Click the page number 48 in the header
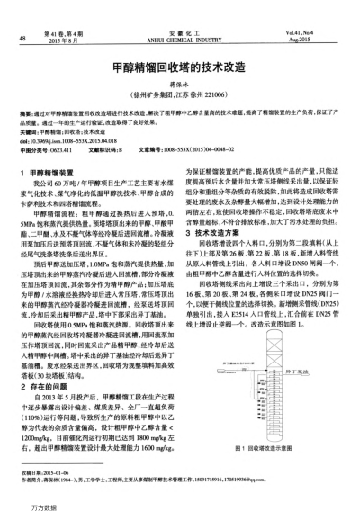[21, 38]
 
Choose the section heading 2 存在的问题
[41, 358]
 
